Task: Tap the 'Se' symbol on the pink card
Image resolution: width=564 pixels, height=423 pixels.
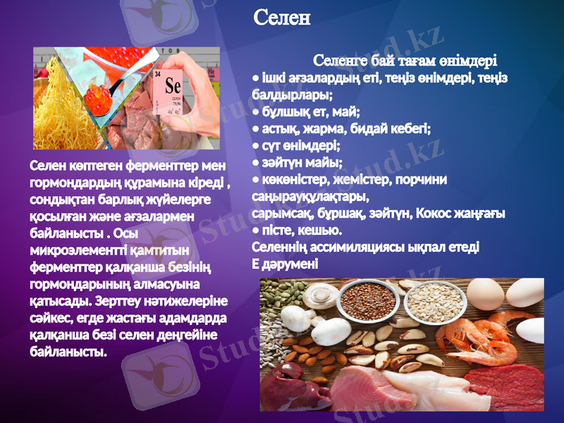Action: point(173,85)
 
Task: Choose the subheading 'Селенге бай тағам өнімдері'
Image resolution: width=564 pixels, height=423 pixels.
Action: point(405,61)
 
